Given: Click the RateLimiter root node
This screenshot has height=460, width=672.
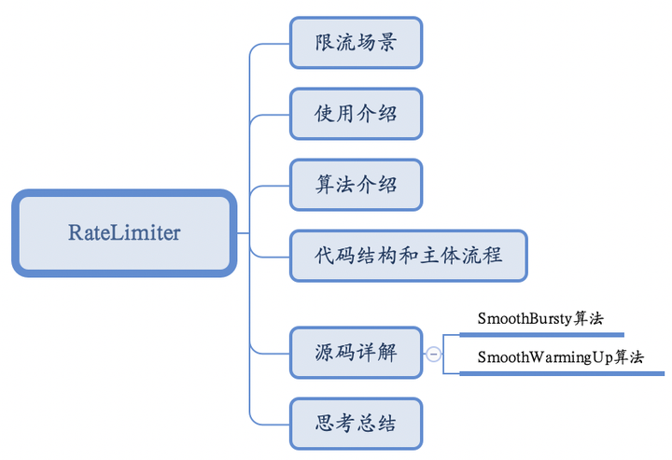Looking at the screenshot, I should tap(124, 232).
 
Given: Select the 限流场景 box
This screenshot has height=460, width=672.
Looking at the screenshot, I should tap(356, 43).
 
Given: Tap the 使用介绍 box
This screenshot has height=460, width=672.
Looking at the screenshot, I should tap(356, 114).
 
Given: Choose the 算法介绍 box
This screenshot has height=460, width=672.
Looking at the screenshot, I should tap(356, 185).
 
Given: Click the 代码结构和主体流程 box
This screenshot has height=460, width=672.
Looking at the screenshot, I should tap(409, 256).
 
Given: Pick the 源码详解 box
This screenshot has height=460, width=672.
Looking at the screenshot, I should tap(356, 353).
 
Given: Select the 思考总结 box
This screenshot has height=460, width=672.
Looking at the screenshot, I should tap(356, 424).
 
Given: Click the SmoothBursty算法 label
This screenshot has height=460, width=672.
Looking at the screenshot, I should tap(539, 318).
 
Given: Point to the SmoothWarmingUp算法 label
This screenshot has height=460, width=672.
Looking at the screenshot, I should tap(560, 357).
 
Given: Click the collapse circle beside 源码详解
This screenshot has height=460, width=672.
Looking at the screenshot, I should tap(434, 354).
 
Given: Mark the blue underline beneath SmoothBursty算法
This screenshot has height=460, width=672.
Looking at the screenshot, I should tap(541, 333).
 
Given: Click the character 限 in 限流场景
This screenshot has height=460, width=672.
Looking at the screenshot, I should tap(326, 43).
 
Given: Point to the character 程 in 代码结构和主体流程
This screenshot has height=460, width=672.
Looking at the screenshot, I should tap(492, 256).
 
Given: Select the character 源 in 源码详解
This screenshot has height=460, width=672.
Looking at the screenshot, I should tap(326, 353).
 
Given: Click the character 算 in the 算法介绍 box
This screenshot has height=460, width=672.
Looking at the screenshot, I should tap(326, 185).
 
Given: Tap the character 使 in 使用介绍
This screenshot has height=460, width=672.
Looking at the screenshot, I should tap(326, 114).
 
